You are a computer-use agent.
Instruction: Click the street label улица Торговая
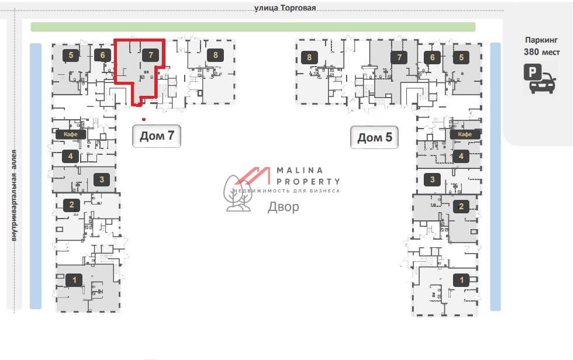(285, 8)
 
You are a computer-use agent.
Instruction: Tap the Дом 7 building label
(157, 137)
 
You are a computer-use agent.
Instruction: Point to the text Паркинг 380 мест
(541, 46)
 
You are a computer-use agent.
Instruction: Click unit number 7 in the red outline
(151, 55)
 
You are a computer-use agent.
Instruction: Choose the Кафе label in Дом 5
(465, 134)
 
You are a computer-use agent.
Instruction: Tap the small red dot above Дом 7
(144, 119)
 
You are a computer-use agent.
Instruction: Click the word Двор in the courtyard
(283, 207)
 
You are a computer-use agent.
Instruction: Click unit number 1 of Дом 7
(74, 280)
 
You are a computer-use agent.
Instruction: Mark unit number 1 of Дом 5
(462, 279)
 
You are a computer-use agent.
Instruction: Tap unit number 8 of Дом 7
(216, 56)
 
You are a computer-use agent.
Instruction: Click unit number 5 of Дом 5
(461, 57)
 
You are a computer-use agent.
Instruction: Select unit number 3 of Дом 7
(101, 179)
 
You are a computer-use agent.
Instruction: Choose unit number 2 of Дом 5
(461, 206)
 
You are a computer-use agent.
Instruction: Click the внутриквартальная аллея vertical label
(14, 196)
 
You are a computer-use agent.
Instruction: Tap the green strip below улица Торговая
(253, 27)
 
